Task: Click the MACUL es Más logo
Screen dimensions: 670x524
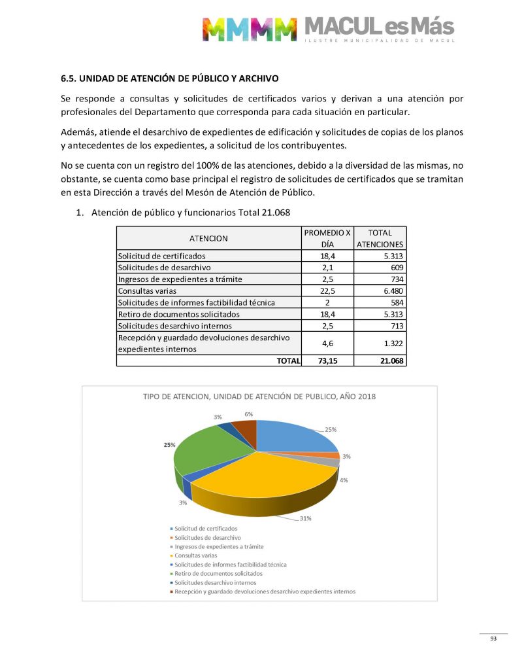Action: tap(328, 28)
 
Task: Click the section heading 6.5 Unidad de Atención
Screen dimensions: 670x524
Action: tap(169, 79)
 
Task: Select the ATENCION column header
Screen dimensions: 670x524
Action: tap(208, 238)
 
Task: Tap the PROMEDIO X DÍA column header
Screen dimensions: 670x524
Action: tap(327, 238)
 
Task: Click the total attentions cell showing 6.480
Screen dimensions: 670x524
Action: tap(381, 291)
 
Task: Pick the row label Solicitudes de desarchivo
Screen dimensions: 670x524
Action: tap(164, 267)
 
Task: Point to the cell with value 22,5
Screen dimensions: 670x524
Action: tap(327, 291)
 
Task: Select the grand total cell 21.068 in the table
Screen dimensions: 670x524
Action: tap(381, 360)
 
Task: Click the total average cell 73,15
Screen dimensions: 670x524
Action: tap(327, 360)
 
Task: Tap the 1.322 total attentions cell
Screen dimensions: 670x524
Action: tap(381, 343)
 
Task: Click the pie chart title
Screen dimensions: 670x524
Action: tap(259, 397)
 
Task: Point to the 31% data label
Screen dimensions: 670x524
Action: tap(305, 518)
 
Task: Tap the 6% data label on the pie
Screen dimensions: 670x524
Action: tap(249, 414)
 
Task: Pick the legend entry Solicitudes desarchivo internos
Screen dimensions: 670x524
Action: tap(215, 582)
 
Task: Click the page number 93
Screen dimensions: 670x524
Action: tap(493, 639)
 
